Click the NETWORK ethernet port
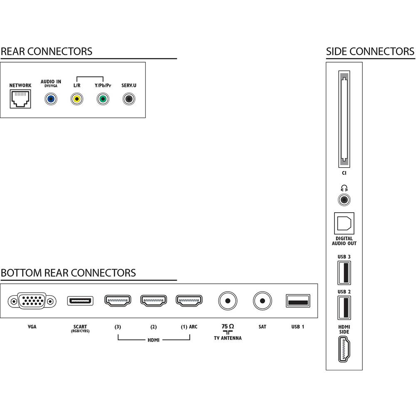[20, 99]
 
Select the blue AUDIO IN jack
[51, 99]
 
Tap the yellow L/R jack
[77, 99]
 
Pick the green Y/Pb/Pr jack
[103, 99]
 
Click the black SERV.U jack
[129, 99]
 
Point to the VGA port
[32, 301]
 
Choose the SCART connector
[80, 301]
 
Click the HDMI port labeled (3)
[118, 301]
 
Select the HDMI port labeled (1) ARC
[189, 301]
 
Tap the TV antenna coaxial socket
[228, 301]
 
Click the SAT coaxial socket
[262, 301]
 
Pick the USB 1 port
[298, 301]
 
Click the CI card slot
[344, 119]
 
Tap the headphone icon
[344, 188]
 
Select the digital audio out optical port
[344, 223]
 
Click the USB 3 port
[344, 273]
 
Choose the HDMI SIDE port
[344, 349]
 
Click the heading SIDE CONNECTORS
[370, 52]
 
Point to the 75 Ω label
[228, 326]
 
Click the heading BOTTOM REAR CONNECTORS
[69, 273]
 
